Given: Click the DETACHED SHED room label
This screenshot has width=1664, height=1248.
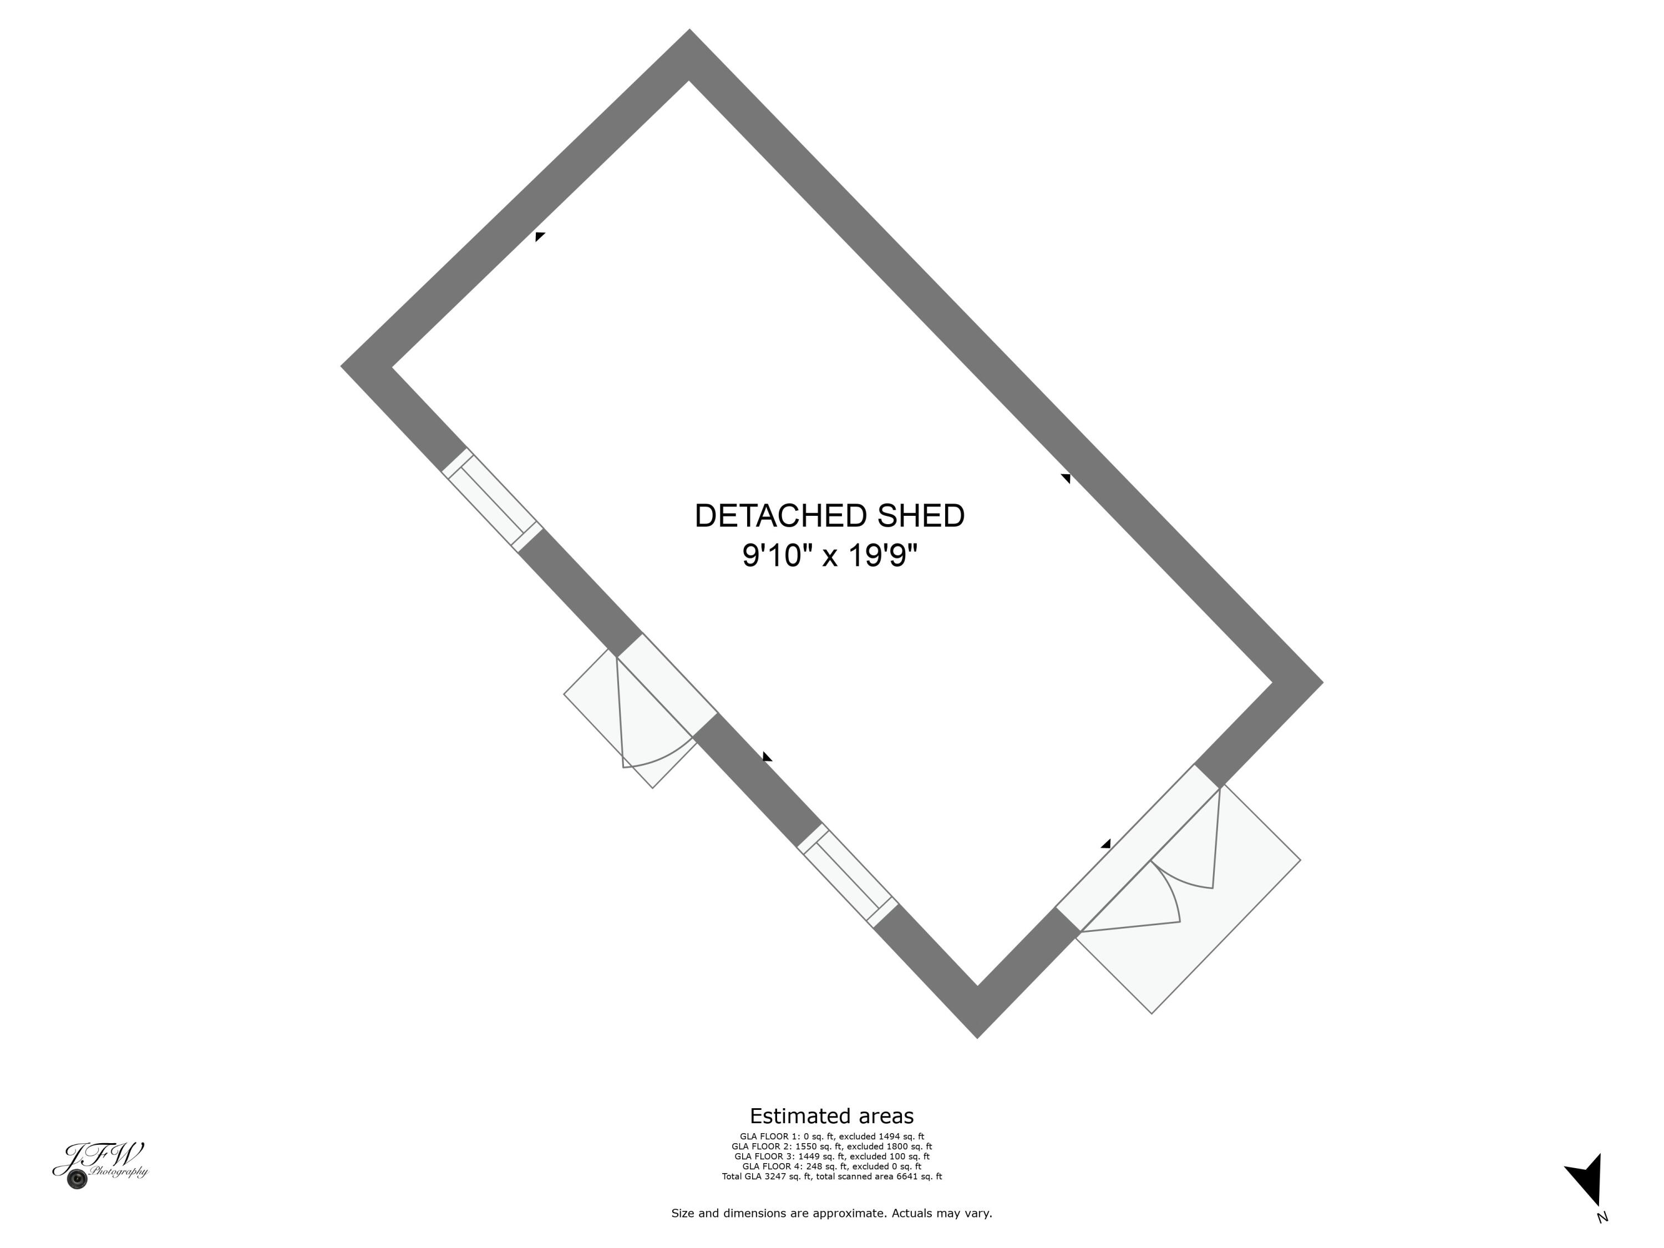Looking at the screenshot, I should [x=829, y=516].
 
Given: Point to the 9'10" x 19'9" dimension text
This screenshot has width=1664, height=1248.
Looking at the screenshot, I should [x=829, y=557].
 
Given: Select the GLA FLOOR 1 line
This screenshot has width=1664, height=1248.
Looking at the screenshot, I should [x=831, y=1137].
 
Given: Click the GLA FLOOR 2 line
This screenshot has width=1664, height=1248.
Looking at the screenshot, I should [x=831, y=1146].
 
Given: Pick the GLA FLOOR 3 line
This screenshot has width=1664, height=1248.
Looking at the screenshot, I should [x=831, y=1156].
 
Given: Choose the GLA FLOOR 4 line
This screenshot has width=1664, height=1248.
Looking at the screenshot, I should [x=831, y=1166].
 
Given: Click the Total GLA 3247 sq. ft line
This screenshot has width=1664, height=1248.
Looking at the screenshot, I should [x=831, y=1176].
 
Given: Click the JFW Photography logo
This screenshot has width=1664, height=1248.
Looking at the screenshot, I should [x=100, y=1164].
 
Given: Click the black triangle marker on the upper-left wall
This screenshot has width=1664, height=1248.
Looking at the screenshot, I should [x=539, y=236].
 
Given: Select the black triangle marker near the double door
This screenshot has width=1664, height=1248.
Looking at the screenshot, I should [x=1106, y=844].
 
